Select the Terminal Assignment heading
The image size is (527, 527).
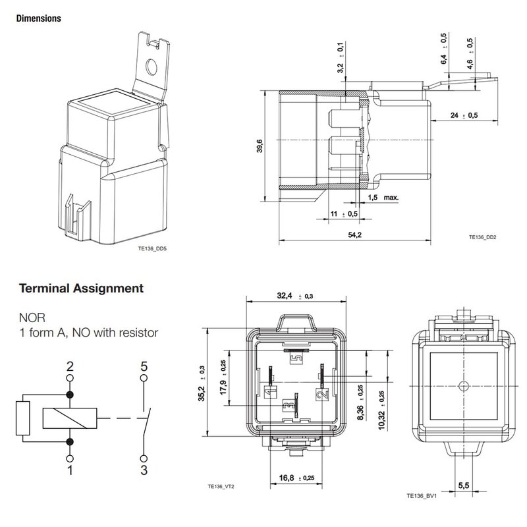[82, 288]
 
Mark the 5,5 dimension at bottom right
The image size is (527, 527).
[463, 485]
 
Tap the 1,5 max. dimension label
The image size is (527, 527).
[383, 197]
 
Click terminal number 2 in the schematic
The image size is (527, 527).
[70, 365]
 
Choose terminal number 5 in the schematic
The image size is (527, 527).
[143, 365]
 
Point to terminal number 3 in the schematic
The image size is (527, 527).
[143, 471]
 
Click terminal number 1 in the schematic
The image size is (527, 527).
[70, 471]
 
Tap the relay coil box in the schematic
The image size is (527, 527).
[70, 417]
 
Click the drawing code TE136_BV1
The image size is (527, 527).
[421, 495]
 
